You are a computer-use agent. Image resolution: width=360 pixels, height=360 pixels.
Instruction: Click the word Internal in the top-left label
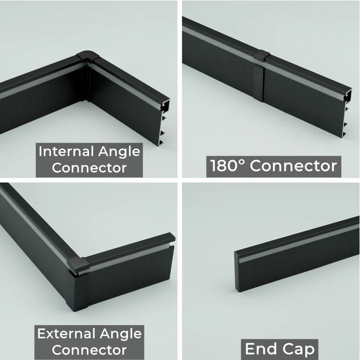coord(66,152)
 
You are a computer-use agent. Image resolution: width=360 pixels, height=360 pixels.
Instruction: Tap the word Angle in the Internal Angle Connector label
coord(119,152)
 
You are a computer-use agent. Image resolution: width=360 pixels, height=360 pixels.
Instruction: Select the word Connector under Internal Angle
coord(89,167)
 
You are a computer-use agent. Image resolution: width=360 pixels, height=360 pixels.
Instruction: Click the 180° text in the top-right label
coord(228,166)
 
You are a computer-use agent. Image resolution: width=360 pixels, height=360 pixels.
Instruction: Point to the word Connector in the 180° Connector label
coord(293,166)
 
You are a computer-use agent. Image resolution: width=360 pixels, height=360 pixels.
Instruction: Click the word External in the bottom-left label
coord(66,333)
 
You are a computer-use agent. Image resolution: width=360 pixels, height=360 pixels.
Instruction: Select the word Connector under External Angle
coord(89,350)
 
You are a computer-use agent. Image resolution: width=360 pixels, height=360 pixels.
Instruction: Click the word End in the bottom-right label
coord(261,348)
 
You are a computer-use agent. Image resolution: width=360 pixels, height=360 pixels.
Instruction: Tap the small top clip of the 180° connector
coord(261,55)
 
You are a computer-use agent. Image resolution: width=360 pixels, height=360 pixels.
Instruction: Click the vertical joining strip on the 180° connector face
coord(258,82)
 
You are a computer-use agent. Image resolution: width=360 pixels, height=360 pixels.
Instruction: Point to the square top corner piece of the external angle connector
coord(78,264)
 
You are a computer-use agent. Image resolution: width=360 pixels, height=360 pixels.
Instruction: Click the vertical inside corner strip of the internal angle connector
coord(86,83)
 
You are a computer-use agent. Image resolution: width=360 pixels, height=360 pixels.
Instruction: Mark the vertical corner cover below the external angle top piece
coord(77,291)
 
